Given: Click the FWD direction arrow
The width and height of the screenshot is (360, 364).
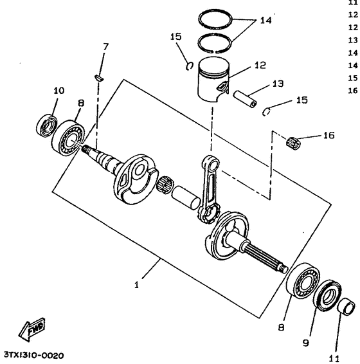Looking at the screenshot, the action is click(x=32, y=329).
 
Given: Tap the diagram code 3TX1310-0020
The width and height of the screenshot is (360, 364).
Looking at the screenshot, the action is click(x=34, y=356).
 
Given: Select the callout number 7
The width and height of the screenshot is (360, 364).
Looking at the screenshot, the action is click(x=105, y=47).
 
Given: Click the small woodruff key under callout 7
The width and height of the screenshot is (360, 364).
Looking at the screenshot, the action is click(x=99, y=78).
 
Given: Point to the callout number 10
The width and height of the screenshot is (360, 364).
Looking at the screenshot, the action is click(x=59, y=91).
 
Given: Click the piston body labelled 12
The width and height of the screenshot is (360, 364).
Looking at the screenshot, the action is click(x=213, y=79).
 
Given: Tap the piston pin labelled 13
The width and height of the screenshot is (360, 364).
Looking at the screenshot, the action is click(x=245, y=99).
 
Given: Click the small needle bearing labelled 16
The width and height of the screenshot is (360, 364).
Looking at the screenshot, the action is click(x=293, y=142).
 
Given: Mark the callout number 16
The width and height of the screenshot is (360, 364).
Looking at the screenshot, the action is click(x=329, y=135).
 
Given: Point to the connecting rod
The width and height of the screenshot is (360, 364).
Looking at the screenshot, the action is click(x=208, y=189).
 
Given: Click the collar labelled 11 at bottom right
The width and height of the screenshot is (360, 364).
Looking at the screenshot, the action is click(x=346, y=306).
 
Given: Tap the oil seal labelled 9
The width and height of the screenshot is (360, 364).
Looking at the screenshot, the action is click(x=327, y=295).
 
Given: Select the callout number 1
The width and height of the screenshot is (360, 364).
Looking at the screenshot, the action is click(x=136, y=285).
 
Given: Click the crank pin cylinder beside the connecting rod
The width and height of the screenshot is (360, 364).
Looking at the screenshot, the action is click(x=186, y=197).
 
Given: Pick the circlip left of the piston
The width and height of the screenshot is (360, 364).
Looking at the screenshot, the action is click(x=190, y=66).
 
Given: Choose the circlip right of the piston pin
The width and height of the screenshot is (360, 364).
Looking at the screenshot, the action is click(x=266, y=112).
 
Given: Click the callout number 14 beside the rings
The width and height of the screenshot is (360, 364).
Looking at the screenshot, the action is click(x=265, y=21).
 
